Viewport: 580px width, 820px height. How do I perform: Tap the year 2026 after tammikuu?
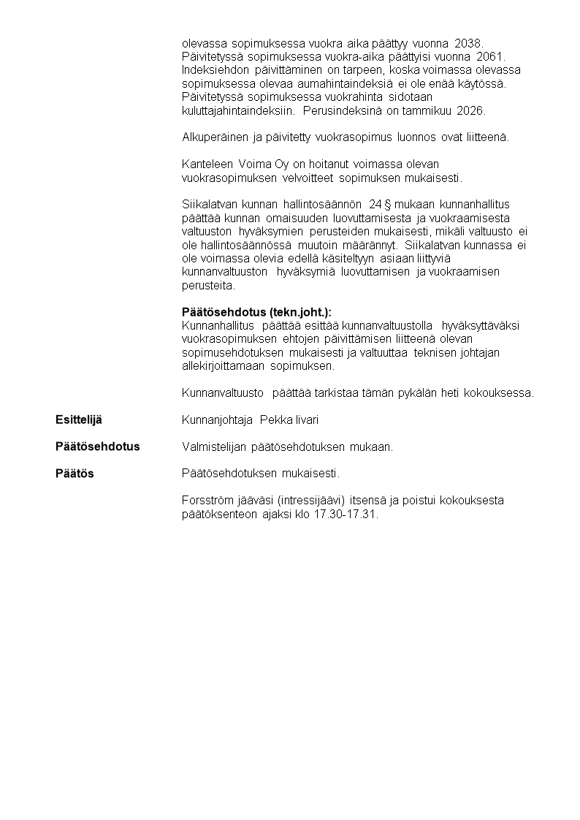pos(471,110)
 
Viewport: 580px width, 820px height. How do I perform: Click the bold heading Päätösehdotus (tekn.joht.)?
pos(261,312)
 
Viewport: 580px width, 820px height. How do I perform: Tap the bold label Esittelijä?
pos(79,420)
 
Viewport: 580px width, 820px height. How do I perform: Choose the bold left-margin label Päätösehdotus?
pos(97,446)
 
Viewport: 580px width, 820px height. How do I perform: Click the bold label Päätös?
pos(75,473)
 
